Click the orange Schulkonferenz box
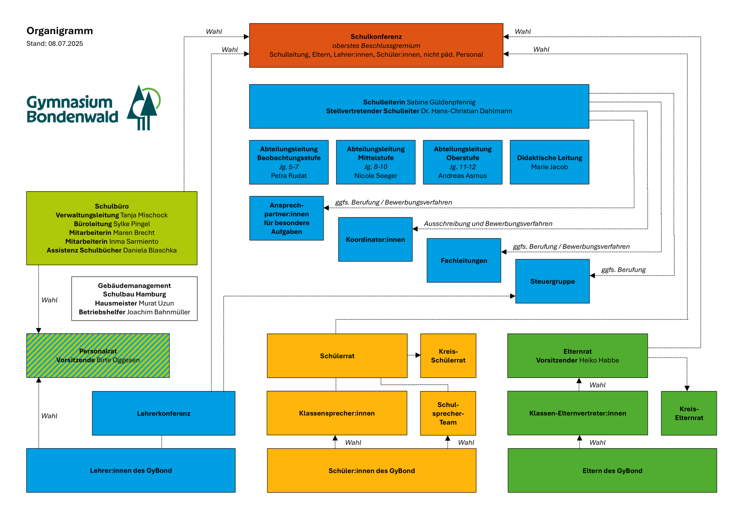[x=376, y=45]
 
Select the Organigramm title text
[x=60, y=31]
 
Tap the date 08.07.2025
[x=66, y=44]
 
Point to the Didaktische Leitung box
[x=549, y=162]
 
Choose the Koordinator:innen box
[x=375, y=240]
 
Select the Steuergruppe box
[x=552, y=281]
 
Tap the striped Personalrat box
[x=98, y=356]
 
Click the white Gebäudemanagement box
[x=134, y=299]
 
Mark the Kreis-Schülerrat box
[x=448, y=356]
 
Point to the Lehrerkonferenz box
[x=163, y=413]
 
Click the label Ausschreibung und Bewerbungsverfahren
[x=488, y=224]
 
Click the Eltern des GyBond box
[x=612, y=470]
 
